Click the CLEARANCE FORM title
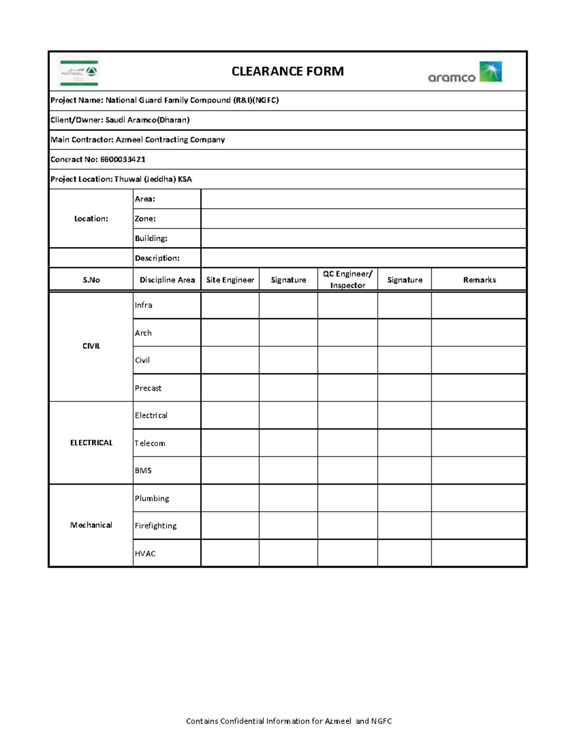[x=288, y=71]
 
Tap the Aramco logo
[x=465, y=72]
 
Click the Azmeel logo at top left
[x=79, y=71]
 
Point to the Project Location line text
[x=121, y=179]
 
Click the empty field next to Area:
[x=363, y=199]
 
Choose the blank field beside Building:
[x=363, y=238]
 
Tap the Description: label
[x=157, y=258]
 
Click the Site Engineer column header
[x=230, y=280]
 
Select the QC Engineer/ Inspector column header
[x=347, y=280]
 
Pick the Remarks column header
[x=479, y=280]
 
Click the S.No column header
[x=91, y=280]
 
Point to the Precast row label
[x=148, y=388]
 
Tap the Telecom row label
[x=150, y=443]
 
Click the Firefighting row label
[x=155, y=526]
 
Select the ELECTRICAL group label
[x=91, y=443]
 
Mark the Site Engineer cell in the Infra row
[x=230, y=305]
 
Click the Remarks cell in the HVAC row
[x=479, y=553]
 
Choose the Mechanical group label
[x=91, y=525]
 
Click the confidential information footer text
[x=289, y=721]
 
